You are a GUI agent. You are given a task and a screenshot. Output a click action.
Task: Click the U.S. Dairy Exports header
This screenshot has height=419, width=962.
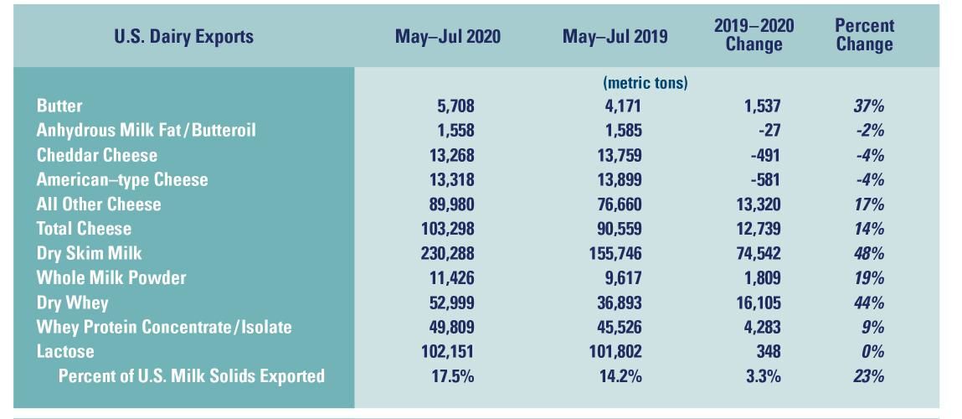click(x=183, y=37)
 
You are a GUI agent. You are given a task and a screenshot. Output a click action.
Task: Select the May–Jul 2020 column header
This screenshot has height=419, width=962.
click(x=448, y=37)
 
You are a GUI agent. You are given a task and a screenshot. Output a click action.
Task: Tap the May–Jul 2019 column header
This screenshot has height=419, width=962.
click(x=615, y=37)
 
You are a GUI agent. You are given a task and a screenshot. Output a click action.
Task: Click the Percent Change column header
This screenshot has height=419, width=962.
click(x=864, y=35)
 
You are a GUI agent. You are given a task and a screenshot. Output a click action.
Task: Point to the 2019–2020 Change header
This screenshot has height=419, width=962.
click(x=754, y=35)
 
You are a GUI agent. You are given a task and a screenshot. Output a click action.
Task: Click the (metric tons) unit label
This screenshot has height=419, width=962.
click(x=645, y=83)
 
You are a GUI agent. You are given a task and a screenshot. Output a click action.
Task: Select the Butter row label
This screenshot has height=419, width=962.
click(x=59, y=106)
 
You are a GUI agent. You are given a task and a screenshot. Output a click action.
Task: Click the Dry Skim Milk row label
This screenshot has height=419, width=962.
click(x=90, y=253)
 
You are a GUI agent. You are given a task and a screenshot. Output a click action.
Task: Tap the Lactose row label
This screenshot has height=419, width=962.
click(x=65, y=351)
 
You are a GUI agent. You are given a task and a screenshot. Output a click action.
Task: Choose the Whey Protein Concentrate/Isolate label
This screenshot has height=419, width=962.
click(x=164, y=327)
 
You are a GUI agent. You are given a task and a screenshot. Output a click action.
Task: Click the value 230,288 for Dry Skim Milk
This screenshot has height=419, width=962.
click(x=447, y=253)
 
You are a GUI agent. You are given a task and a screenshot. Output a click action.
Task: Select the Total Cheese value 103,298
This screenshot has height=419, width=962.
click(x=447, y=229)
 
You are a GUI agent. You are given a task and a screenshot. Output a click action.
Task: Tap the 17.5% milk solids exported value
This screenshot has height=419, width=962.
click(x=452, y=376)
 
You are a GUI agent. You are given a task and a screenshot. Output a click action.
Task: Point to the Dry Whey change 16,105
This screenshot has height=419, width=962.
click(x=757, y=303)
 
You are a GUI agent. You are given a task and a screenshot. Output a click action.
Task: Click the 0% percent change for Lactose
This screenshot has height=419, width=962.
click(x=872, y=351)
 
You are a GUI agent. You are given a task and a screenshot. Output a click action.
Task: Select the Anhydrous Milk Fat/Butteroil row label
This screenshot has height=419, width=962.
click(x=146, y=131)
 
